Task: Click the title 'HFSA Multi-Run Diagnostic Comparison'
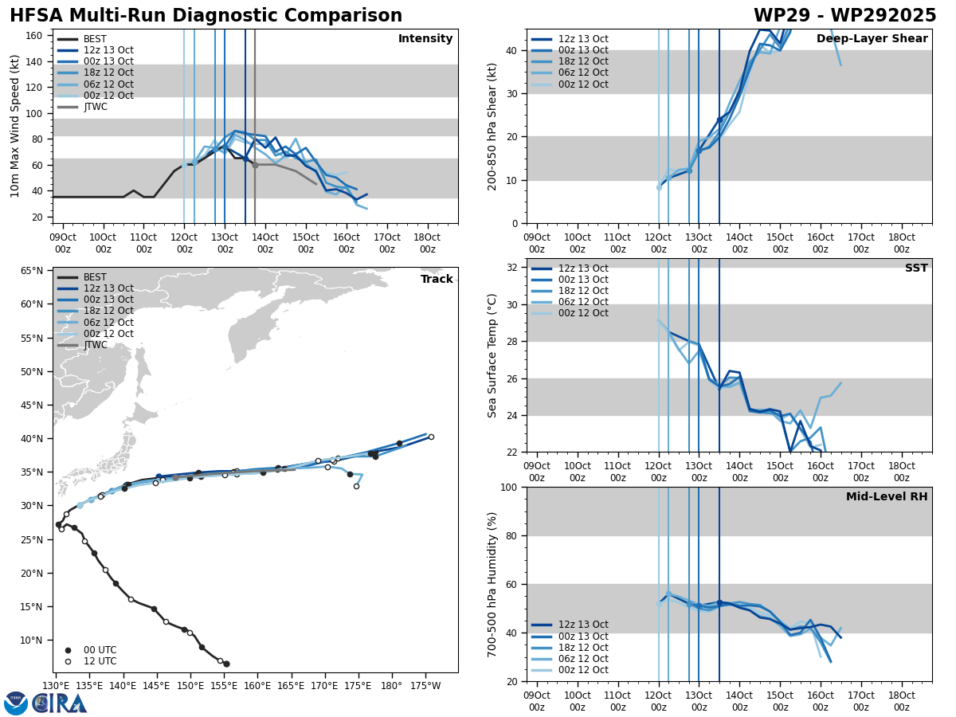(206, 16)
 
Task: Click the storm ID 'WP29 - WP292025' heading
(844, 16)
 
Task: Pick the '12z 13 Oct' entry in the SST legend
(569, 268)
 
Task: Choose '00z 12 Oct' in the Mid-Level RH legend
(569, 670)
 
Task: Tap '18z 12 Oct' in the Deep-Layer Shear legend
(569, 62)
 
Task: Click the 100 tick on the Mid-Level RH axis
(511, 487)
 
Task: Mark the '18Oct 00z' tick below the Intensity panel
(427, 243)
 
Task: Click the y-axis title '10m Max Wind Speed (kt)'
(15, 126)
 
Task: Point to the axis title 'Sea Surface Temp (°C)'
(492, 355)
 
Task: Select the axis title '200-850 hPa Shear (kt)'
(492, 126)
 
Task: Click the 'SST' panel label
(915, 268)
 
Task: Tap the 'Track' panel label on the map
(437, 280)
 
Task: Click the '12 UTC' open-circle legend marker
(68, 661)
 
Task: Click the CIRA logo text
(60, 703)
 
